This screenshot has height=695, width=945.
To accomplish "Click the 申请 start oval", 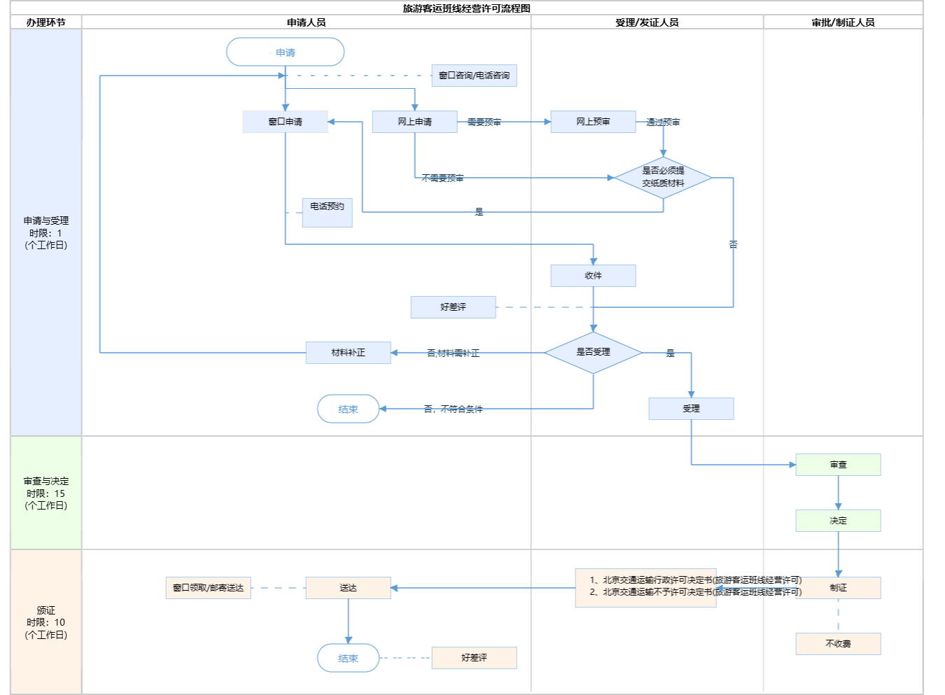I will [285, 52].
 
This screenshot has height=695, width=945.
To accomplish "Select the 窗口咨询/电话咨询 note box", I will [474, 76].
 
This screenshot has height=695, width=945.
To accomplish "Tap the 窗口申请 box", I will [285, 122].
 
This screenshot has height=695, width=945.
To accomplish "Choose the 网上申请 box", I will [414, 122].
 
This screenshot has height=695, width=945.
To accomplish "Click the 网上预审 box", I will [593, 122].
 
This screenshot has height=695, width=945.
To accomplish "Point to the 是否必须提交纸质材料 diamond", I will [663, 177].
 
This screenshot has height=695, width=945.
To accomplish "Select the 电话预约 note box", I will [327, 212].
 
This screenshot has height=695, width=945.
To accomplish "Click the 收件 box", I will [593, 276].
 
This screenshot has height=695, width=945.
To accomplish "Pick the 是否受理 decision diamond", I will [593, 352].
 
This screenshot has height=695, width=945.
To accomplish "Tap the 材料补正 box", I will [348, 353].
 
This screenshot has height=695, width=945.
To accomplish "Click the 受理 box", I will [691, 409].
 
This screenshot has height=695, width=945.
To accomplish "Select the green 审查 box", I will [838, 465].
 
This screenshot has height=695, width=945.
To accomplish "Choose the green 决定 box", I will [838, 521].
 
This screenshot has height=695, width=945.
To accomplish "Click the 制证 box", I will [838, 588].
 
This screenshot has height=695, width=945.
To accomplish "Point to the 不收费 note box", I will [838, 644].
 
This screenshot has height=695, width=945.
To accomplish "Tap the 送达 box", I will [348, 588].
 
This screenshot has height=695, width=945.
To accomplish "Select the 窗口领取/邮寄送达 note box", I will [208, 588].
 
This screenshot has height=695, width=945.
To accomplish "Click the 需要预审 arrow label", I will [484, 122].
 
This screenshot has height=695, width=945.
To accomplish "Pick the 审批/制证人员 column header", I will [843, 22].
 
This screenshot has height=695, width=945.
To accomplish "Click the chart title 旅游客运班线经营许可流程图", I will [466, 8].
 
